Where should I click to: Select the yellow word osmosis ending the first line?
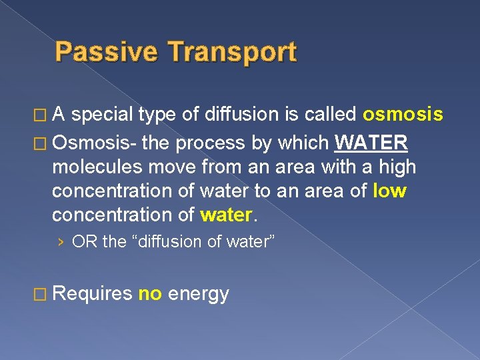click(x=403, y=115)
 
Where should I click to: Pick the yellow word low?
click(x=390, y=191)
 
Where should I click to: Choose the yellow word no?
click(x=150, y=293)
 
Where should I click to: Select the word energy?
click(x=199, y=293)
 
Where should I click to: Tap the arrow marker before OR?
click(x=61, y=241)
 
